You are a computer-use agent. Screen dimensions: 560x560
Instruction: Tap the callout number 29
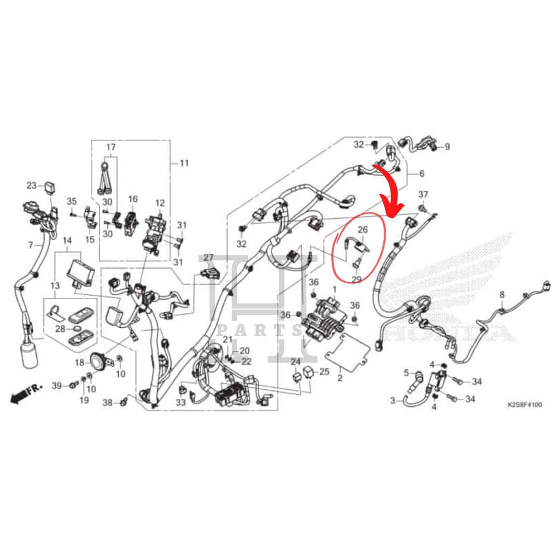(x=356, y=279)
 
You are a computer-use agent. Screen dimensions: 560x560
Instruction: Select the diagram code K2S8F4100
(x=524, y=405)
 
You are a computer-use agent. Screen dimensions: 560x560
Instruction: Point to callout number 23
(x=31, y=185)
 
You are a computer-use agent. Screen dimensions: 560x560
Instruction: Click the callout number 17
(x=111, y=147)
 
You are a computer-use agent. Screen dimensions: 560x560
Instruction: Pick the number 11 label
(x=184, y=163)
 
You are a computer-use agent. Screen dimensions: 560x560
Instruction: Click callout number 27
(x=208, y=258)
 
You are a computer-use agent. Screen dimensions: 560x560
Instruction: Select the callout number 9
(x=447, y=147)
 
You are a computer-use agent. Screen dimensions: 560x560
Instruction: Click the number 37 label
(x=423, y=195)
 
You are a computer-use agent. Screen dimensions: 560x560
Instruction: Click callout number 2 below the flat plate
(x=340, y=378)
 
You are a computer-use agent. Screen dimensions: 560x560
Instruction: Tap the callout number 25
(x=324, y=372)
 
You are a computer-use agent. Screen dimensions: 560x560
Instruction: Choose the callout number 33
(x=181, y=403)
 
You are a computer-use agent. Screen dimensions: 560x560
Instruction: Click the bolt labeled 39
(x=72, y=386)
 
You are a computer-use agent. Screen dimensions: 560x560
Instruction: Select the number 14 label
(x=67, y=241)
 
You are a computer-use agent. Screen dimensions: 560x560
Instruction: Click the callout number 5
(x=406, y=373)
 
